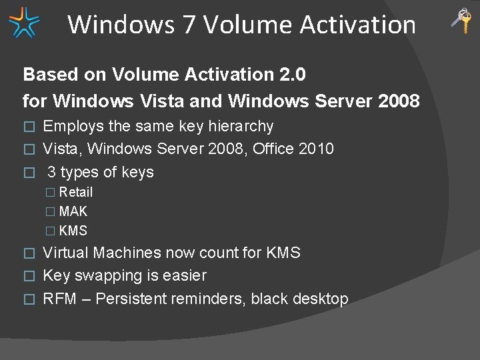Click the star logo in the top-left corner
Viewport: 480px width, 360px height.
point(24,22)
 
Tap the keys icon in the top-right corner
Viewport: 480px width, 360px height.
point(461,21)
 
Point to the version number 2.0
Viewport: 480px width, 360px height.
point(293,75)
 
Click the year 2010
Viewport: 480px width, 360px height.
point(316,149)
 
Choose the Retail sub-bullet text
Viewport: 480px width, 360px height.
point(76,192)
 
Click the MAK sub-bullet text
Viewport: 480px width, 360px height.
point(73,211)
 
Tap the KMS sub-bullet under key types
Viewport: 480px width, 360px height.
point(73,231)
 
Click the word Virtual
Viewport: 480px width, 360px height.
point(66,253)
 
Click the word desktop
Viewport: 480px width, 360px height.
point(321,299)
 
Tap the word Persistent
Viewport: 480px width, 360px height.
point(131,299)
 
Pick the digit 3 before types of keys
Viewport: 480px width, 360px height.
point(51,172)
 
